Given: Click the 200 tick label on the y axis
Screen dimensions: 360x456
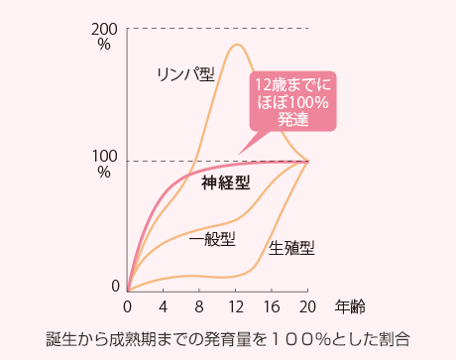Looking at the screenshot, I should click(106, 29).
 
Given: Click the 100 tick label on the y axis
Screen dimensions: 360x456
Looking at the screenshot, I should click(106, 157).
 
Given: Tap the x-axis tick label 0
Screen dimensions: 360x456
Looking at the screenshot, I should click(127, 304).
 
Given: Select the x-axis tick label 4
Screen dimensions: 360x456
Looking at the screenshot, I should click(164, 304).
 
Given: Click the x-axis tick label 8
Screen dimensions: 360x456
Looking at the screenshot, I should click(200, 304).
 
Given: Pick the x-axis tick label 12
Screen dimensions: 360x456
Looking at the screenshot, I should click(236, 304).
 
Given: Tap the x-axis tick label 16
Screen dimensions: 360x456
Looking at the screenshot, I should click(273, 304).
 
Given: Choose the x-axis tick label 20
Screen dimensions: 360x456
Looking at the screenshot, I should click(308, 304).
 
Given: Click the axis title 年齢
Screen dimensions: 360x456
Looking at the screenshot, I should click(349, 304).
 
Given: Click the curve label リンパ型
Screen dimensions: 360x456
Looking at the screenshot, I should click(184, 74).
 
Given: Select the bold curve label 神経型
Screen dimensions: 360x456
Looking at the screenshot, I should click(225, 183).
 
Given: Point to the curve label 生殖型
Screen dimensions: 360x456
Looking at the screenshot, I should click(291, 248).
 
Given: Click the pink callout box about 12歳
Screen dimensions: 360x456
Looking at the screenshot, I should click(292, 100).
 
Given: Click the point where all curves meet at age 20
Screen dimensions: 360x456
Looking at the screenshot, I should click(308, 161).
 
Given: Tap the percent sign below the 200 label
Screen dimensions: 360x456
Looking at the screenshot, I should click(104, 45).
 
